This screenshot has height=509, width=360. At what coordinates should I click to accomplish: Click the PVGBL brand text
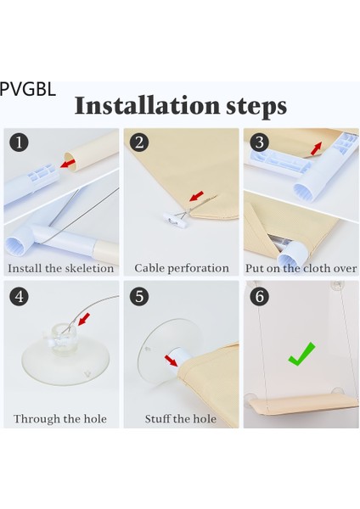click(28, 89)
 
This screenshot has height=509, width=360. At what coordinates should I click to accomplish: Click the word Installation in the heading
click(147, 105)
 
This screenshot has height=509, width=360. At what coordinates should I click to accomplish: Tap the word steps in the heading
click(256, 108)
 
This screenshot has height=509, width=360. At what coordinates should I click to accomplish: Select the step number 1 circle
click(19, 143)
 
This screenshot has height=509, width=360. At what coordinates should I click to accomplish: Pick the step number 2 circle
click(139, 143)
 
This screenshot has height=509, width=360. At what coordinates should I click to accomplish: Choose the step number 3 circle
click(259, 143)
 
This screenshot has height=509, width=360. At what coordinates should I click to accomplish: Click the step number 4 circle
click(19, 296)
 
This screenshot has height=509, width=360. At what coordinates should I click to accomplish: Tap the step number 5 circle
click(139, 296)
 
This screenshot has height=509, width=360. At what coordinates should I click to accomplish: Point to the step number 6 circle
click(259, 296)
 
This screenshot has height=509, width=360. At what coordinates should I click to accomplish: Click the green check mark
click(301, 355)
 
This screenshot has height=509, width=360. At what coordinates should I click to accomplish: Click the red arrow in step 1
click(68, 163)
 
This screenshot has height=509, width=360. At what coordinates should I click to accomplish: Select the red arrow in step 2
click(197, 196)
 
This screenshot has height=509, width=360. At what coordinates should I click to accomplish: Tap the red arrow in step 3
click(316, 148)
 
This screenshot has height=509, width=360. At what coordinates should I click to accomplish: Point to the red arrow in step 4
click(84, 319)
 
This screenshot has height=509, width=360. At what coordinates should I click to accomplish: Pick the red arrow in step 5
click(171, 361)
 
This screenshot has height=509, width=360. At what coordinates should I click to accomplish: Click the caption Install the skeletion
click(61, 268)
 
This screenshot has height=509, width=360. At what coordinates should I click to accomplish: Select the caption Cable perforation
click(182, 268)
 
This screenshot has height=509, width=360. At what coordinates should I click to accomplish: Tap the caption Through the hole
click(60, 419)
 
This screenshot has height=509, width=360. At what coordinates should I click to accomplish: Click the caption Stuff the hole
click(181, 419)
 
